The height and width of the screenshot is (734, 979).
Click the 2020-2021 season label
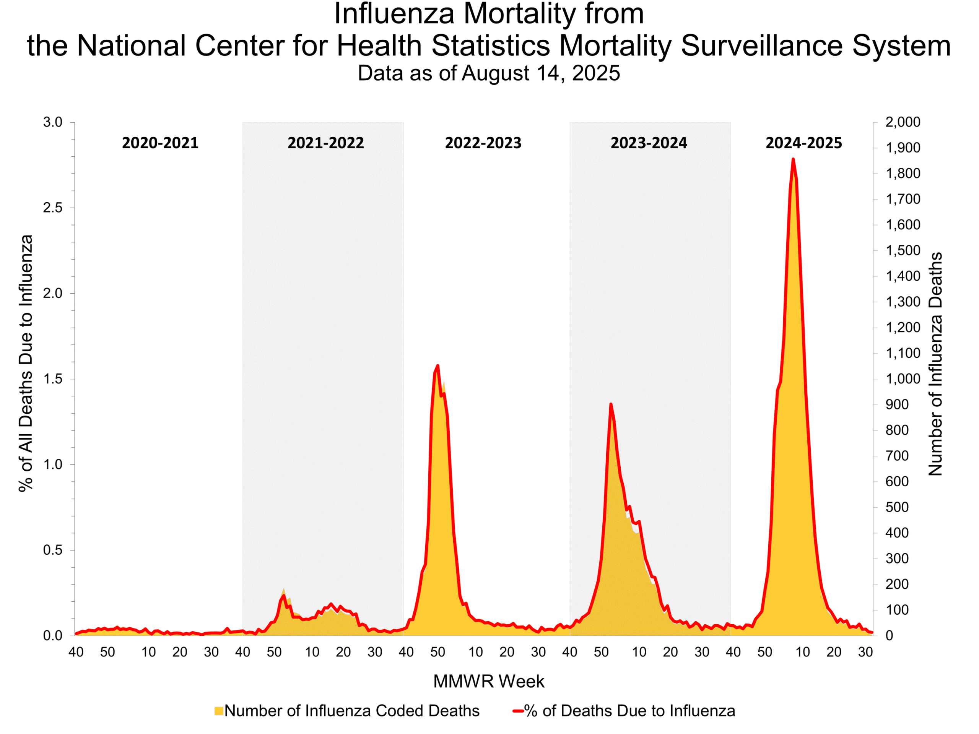click(160, 143)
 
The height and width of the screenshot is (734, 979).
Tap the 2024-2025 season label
click(803, 143)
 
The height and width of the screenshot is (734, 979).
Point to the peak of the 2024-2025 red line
click(793, 159)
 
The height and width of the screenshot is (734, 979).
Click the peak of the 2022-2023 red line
click(438, 366)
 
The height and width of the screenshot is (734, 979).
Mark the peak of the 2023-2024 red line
click(611, 404)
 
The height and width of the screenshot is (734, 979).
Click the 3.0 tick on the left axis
click(53, 122)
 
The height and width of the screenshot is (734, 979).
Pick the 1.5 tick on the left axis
click(53, 379)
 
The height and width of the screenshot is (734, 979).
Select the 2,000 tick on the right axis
click(903, 122)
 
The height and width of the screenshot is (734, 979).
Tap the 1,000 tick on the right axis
click(903, 379)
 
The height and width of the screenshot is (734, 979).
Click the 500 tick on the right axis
click(897, 507)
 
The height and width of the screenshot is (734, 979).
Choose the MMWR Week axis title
click(489, 682)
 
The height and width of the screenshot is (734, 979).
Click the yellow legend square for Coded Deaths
click(219, 711)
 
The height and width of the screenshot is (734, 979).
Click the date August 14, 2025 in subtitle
click(541, 73)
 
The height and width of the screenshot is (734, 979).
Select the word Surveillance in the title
click(761, 45)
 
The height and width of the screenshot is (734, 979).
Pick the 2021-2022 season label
click(325, 143)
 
